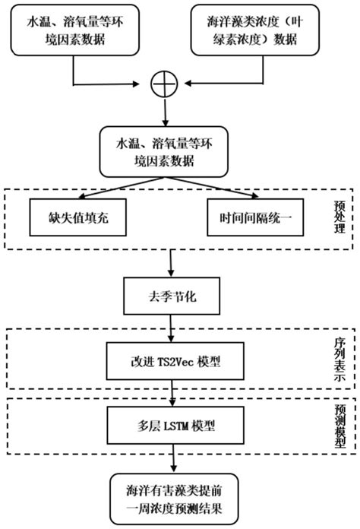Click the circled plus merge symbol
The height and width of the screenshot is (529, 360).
(x=164, y=86)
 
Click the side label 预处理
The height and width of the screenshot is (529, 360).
(x=339, y=216)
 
